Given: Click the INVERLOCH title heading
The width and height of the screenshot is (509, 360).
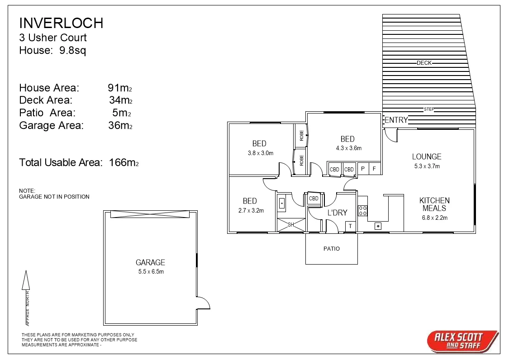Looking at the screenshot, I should tap(61, 23).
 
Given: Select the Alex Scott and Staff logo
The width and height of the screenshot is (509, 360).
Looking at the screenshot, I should tap(462, 341).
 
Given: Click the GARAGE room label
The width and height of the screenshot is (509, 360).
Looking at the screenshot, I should tap(150, 262).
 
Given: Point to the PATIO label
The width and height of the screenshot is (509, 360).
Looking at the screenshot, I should tap(331, 249).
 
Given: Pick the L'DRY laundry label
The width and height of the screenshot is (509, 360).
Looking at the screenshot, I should tap(337, 213).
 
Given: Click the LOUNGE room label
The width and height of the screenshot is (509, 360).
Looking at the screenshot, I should tap(426, 156).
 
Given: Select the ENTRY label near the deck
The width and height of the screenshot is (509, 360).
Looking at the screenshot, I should tap(396, 120).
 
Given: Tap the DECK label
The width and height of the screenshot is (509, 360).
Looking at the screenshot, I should tap(424, 63).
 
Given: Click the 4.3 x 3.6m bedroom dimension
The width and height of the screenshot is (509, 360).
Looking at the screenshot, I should tap(348, 148).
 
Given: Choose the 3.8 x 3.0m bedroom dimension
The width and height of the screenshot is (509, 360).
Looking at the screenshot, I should tap(260, 153).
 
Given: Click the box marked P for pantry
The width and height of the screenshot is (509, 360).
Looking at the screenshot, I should tap(363, 169).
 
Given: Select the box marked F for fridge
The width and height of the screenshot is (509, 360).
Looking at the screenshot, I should tap(374, 169).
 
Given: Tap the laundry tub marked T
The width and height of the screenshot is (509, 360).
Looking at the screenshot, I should tap(350, 226).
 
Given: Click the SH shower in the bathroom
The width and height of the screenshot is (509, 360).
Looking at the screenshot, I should tap(291, 225).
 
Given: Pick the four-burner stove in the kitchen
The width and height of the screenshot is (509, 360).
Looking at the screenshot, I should tap(363, 210).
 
